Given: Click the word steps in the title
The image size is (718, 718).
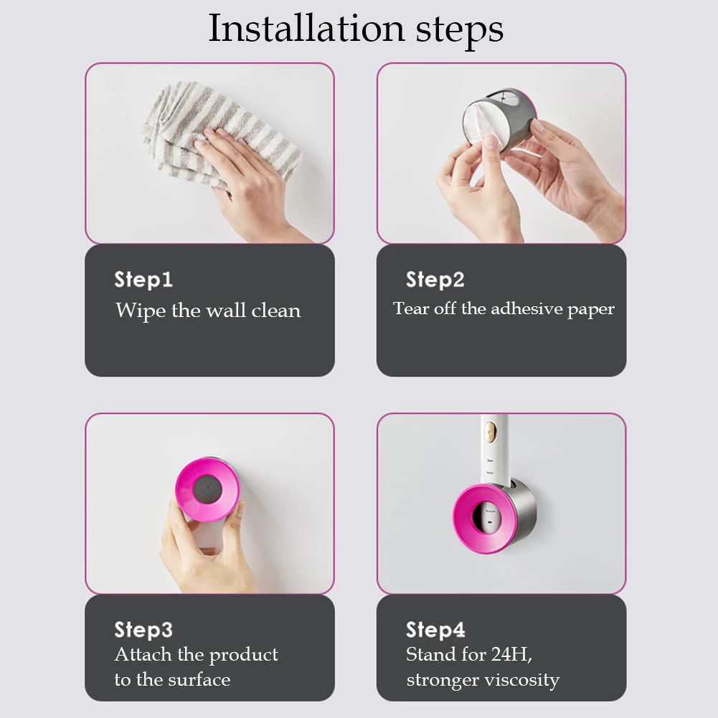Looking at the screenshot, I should [456, 30].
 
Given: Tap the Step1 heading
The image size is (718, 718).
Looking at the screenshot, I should [143, 280].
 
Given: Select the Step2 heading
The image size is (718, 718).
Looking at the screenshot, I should [435, 280].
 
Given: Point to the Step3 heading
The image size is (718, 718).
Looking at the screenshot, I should [143, 630].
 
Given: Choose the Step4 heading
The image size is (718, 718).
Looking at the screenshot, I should [435, 630].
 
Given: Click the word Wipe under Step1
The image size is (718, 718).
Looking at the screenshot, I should [141, 311].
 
